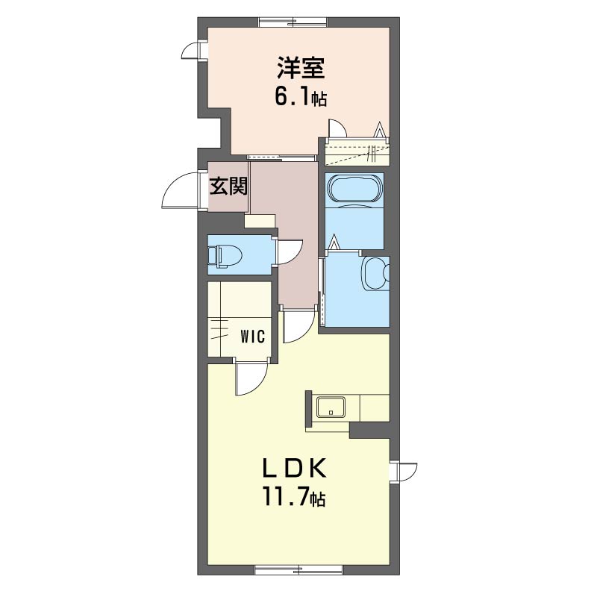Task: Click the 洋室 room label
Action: [301, 68]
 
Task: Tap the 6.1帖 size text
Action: [301, 98]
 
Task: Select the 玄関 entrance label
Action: [228, 187]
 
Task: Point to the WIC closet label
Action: [252, 337]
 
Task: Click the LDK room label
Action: [295, 468]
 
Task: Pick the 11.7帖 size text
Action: [293, 498]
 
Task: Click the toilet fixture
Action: [225, 254]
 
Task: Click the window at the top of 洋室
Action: [293, 22]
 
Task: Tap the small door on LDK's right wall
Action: [406, 472]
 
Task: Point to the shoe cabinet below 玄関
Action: [260, 221]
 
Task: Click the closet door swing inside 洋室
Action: [337, 128]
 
